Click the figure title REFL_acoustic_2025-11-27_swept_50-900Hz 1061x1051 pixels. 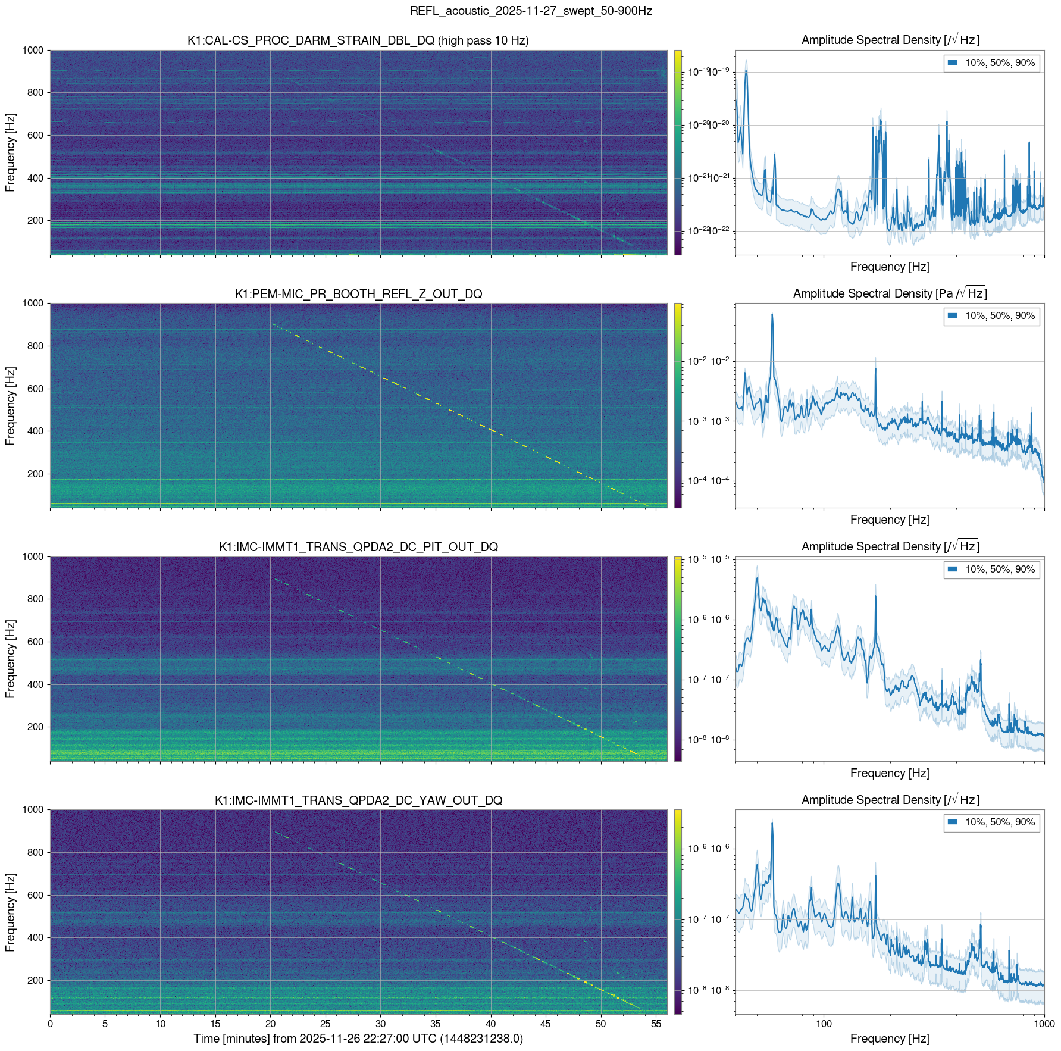[x=530, y=11]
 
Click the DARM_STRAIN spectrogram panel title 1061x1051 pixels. [x=358, y=40]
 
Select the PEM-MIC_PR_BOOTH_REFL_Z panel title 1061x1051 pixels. [x=358, y=294]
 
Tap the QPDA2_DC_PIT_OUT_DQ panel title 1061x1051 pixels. [x=358, y=547]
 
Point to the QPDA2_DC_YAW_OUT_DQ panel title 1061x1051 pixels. [x=358, y=800]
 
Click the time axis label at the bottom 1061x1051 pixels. [x=358, y=1039]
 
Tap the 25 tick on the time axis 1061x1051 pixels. [x=326, y=1024]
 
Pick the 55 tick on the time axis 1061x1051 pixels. [x=656, y=1024]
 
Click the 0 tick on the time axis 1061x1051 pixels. [x=50, y=1024]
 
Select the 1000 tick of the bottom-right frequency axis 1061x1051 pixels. [x=1044, y=1024]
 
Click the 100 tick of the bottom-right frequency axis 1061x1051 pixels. [x=824, y=1024]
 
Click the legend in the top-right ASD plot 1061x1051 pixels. [x=991, y=63]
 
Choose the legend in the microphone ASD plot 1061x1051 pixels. [x=991, y=316]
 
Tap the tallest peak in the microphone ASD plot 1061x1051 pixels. [x=772, y=314]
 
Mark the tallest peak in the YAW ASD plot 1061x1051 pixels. [x=772, y=822]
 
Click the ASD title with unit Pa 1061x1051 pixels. [x=890, y=293]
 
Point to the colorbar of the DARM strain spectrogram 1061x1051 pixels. [x=678, y=152]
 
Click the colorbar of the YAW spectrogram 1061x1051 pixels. [x=678, y=911]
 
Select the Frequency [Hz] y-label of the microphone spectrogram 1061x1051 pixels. [x=10, y=406]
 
